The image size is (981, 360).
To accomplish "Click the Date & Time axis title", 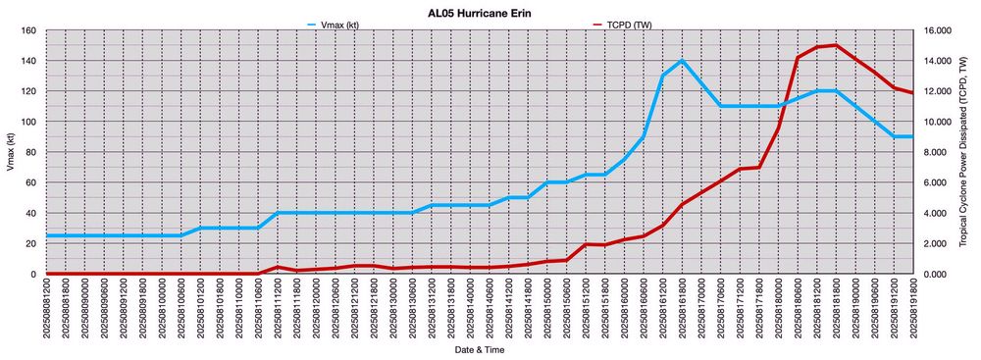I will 480,349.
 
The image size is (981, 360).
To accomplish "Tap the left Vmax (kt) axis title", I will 9,152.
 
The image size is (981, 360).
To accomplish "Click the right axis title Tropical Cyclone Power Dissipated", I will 971,152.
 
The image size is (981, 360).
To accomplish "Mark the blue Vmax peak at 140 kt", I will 682,61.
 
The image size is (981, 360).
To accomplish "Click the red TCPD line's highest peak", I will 836,45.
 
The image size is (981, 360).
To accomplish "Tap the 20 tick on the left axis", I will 30,243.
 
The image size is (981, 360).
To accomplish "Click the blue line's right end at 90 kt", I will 912,136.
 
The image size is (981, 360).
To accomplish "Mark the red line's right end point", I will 912,93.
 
